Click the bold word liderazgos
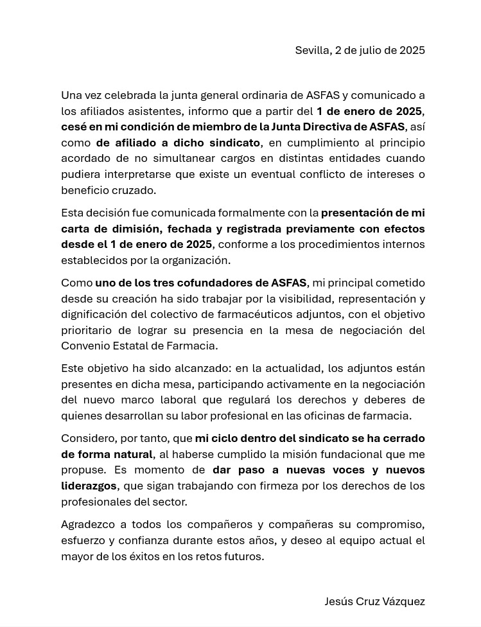[89, 486]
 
